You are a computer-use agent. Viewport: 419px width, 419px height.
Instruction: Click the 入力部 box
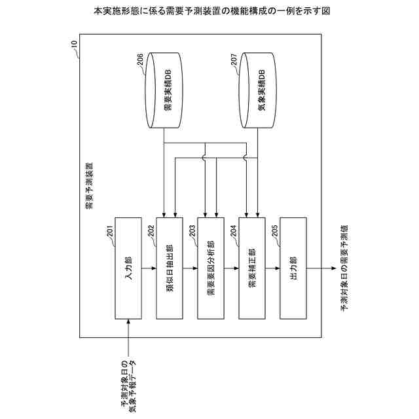pyautogui.click(x=128, y=267)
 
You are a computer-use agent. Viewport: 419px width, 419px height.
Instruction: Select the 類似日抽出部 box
pyautogui.click(x=170, y=267)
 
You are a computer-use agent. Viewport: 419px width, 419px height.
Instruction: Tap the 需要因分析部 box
pyautogui.click(x=210, y=267)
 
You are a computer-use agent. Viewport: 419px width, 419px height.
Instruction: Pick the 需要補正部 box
pyautogui.click(x=251, y=267)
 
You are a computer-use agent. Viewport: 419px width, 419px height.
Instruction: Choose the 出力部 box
pyautogui.click(x=292, y=267)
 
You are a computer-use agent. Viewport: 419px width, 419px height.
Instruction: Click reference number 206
pyautogui.click(x=141, y=62)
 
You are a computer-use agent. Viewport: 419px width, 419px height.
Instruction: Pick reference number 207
pyautogui.click(x=234, y=62)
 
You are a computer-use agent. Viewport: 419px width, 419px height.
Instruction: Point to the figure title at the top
pyautogui.click(x=209, y=11)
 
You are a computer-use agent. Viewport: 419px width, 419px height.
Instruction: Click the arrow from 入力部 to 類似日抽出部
pyautogui.click(x=149, y=267)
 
